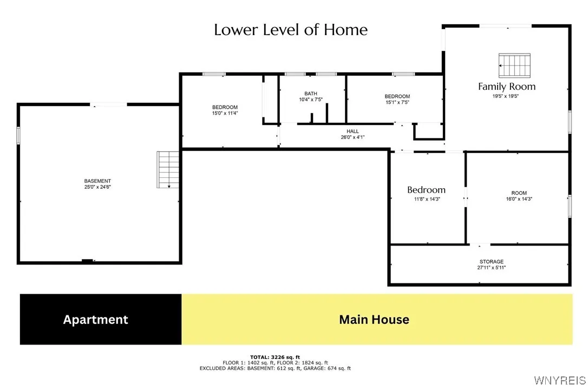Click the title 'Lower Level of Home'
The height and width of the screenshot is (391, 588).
point(291,30)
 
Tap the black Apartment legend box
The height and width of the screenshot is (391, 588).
point(101,319)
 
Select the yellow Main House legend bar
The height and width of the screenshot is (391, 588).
point(377,319)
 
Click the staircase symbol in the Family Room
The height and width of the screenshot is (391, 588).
point(514,65)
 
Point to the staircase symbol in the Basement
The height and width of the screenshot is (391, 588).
point(168,170)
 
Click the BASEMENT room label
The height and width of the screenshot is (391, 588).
point(97,181)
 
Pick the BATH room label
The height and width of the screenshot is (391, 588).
point(311,94)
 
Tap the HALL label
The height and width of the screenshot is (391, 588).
point(352,131)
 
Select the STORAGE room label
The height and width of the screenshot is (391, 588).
point(491,262)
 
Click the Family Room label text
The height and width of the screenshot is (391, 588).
point(507,87)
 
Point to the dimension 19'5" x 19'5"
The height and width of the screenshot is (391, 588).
point(506,96)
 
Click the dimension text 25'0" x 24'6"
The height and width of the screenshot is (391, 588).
point(97,187)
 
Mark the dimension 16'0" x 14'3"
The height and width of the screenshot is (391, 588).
point(519,199)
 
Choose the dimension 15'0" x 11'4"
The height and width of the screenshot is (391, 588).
point(225,113)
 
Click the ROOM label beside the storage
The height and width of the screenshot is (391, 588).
point(519,193)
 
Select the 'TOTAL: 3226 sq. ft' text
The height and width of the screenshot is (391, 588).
point(275,357)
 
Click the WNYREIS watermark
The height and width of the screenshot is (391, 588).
point(560,381)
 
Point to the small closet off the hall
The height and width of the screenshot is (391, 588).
point(429,131)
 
